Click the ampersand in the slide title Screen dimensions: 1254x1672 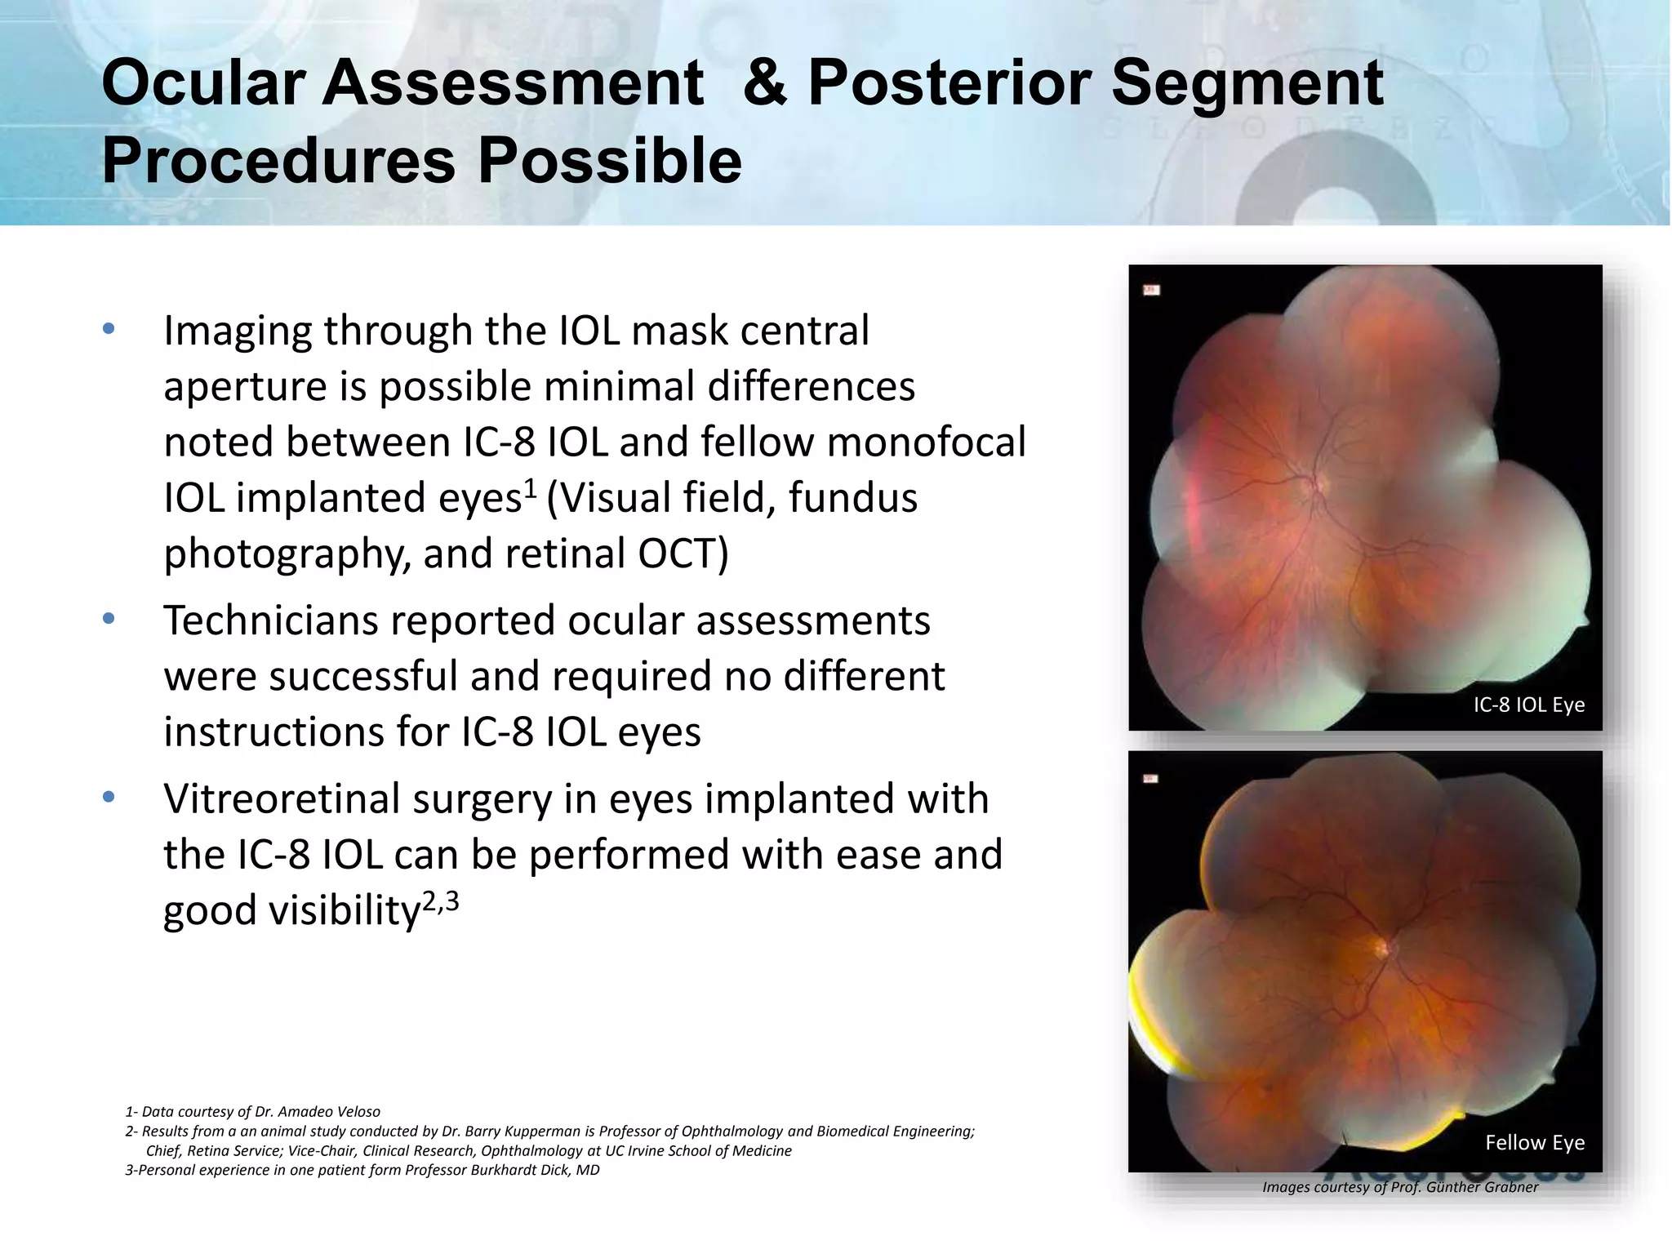pyautogui.click(x=765, y=83)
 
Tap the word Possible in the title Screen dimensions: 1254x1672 pyautogui.click(x=609, y=161)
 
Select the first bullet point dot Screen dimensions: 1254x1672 pyautogui.click(x=109, y=330)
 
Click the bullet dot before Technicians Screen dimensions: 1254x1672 pyautogui.click(x=109, y=619)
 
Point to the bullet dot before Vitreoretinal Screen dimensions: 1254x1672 pyautogui.click(x=109, y=798)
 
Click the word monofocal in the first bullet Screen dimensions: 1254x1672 pyautogui.click(x=926, y=442)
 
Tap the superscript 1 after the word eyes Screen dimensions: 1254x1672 pyautogui.click(x=530, y=488)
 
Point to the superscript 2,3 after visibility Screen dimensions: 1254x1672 pyautogui.click(x=441, y=900)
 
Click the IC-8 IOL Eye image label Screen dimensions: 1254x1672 pyautogui.click(x=1528, y=705)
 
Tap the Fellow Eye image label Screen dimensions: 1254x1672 pyautogui.click(x=1534, y=1142)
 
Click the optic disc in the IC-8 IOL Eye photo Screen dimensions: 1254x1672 pyautogui.click(x=1316, y=482)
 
